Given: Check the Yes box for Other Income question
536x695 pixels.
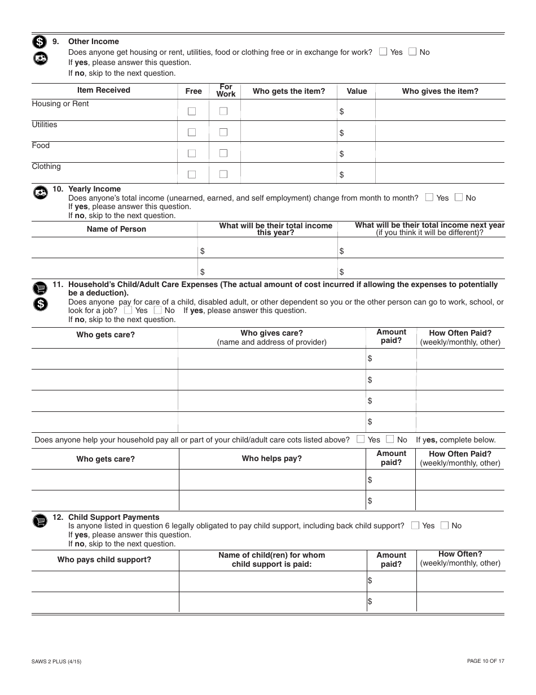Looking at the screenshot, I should click(384, 52).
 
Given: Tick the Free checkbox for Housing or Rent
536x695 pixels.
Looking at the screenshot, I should click(192, 111).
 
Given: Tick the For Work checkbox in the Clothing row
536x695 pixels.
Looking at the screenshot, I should click(223, 174).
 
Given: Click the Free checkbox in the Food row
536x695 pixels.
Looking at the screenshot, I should click(192, 153).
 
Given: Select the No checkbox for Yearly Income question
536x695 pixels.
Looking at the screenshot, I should click(459, 198).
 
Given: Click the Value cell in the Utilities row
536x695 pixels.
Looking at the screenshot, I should click(356, 132).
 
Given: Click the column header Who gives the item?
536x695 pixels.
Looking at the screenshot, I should click(440, 91).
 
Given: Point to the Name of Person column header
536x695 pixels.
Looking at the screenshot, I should click(116, 229).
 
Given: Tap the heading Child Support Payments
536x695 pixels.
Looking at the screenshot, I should click(113, 517).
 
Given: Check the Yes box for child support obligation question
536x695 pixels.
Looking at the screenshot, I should click(415, 525).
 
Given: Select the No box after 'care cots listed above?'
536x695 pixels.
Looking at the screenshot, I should click(390, 439).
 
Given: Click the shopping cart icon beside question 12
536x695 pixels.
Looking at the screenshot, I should click(39, 521).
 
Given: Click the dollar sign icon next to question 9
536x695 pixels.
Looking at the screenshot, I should click(39, 41).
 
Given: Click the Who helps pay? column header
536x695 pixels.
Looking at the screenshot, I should click(271, 458).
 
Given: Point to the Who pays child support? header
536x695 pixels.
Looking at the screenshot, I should click(104, 559).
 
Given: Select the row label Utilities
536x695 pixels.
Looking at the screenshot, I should click(44, 124).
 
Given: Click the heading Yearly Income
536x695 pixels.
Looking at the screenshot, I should click(94, 189).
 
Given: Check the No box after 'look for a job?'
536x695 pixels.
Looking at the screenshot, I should click(157, 310).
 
